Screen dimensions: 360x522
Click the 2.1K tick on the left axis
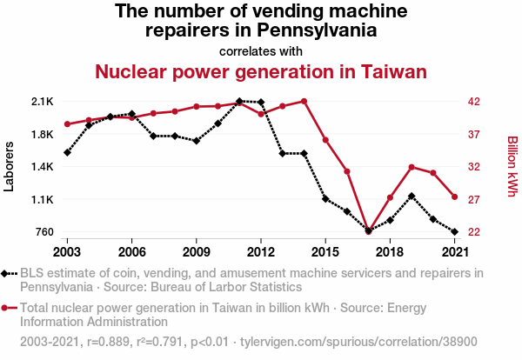[x=41, y=102]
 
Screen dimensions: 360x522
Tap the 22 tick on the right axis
[x=472, y=231]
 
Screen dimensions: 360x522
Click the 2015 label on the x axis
[x=325, y=251]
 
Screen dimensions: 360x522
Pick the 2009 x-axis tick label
[x=196, y=251]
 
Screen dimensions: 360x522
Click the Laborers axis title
[x=10, y=166]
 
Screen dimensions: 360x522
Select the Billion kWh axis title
[x=512, y=166]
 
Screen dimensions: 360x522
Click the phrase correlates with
[x=261, y=50]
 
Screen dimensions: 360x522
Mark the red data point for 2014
[x=304, y=101]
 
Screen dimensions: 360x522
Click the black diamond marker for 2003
[x=67, y=152]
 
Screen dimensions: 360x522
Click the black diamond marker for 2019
[x=412, y=197]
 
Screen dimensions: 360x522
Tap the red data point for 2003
[x=67, y=123]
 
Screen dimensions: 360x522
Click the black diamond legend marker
[x=7, y=273]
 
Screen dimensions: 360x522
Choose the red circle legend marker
[x=7, y=308]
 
